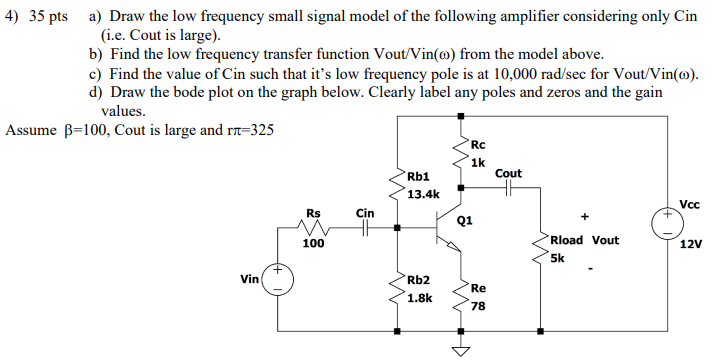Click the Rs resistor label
pos(314,212)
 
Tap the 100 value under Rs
pos(313,243)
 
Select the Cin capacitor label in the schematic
pos(365,212)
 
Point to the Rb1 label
pos(417,177)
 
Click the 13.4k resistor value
pos(423,194)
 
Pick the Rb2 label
pos(418,280)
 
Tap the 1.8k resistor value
pos(419,297)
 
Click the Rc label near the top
pos(477,147)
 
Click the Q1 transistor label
pos(464,219)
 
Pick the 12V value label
pos(691,243)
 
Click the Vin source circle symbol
pos(277,279)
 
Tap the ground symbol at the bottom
pos(461,350)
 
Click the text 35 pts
pos(46,17)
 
